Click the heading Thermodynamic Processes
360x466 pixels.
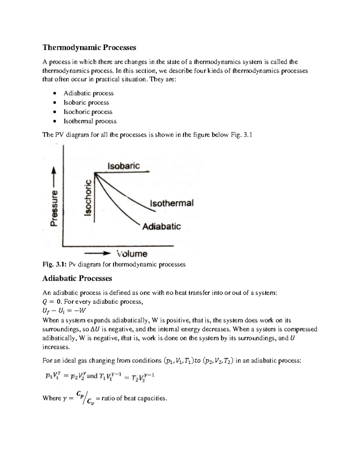click(89, 47)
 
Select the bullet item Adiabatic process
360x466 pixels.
click(88, 93)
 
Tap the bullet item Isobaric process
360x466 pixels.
click(86, 103)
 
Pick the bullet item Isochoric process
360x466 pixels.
click(88, 112)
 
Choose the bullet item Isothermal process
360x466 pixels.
click(90, 121)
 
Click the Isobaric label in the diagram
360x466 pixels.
click(123, 166)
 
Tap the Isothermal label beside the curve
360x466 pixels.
click(172, 203)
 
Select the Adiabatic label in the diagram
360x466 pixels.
click(161, 226)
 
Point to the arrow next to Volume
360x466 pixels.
click(98, 254)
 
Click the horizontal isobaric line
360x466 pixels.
click(126, 172)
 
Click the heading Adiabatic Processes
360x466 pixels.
click(77, 278)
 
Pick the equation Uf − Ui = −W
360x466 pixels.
click(64, 311)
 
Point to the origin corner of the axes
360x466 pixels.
click(63, 246)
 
